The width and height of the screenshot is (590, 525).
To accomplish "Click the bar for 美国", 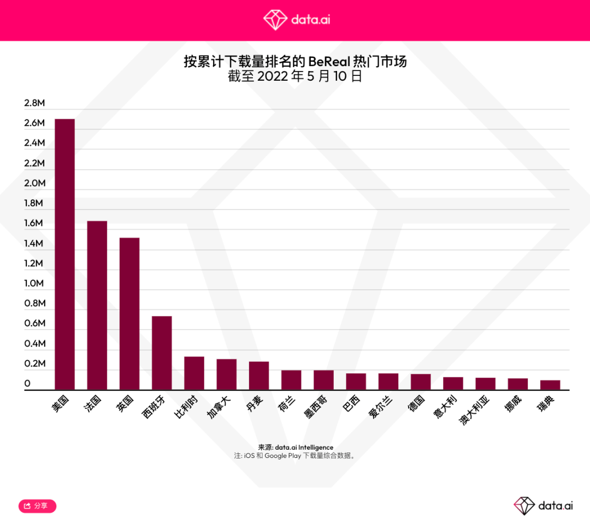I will pyautogui.click(x=64, y=254).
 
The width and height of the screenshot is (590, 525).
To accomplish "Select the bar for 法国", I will pyautogui.click(x=97, y=306).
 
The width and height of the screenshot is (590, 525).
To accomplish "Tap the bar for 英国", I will pyautogui.click(x=129, y=314).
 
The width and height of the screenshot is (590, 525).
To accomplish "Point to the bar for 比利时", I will pyautogui.click(x=194, y=373).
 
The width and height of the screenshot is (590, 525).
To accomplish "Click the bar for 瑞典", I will pyautogui.click(x=550, y=385).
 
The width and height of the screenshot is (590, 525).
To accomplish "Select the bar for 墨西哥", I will pyautogui.click(x=323, y=380).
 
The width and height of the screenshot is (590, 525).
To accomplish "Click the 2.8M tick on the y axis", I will pyautogui.click(x=34, y=103).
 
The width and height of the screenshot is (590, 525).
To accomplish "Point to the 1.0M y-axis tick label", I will pyautogui.click(x=34, y=283).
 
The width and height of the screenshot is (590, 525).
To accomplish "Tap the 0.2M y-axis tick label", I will pyautogui.click(x=34, y=363).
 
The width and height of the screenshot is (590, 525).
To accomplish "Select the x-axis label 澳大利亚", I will pyautogui.click(x=475, y=411).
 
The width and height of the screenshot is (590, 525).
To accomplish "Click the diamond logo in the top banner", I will pyautogui.click(x=275, y=20).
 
